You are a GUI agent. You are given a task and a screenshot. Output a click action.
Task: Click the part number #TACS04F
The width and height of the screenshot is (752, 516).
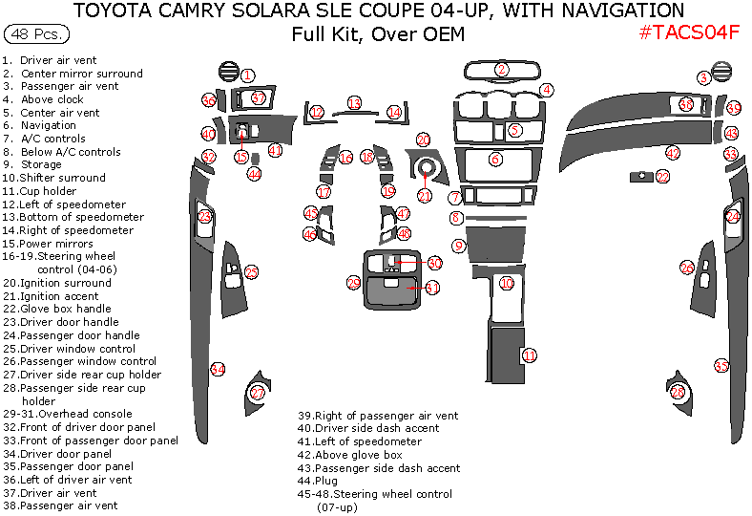coord(689,32)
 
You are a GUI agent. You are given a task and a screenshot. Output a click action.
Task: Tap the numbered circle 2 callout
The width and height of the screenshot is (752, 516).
coord(502,69)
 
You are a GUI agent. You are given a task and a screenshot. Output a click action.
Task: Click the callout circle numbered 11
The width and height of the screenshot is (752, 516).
coord(530,355)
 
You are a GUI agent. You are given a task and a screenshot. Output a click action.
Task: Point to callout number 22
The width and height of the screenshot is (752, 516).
coord(662,177)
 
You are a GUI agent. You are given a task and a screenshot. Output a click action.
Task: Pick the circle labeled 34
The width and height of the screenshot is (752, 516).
coord(218,369)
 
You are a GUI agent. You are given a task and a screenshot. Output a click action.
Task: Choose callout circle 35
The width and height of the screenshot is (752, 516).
coord(721,366)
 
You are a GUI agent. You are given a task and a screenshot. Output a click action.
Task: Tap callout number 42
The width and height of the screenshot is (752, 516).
coord(673,153)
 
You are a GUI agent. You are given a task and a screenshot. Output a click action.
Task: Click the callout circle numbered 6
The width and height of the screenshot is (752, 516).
coord(495,160)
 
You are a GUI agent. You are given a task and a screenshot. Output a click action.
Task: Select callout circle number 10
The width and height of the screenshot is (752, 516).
coord(507,283)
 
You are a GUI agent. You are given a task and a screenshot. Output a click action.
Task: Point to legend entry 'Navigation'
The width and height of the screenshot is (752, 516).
coord(41,125)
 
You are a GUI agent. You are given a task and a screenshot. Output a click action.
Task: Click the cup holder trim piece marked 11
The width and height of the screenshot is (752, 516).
coord(506,357)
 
